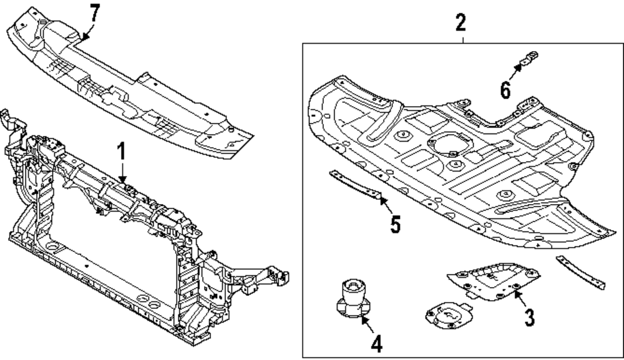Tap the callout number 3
529,317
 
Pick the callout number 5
395,224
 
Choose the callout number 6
505,90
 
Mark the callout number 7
94,12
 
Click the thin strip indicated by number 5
354,185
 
